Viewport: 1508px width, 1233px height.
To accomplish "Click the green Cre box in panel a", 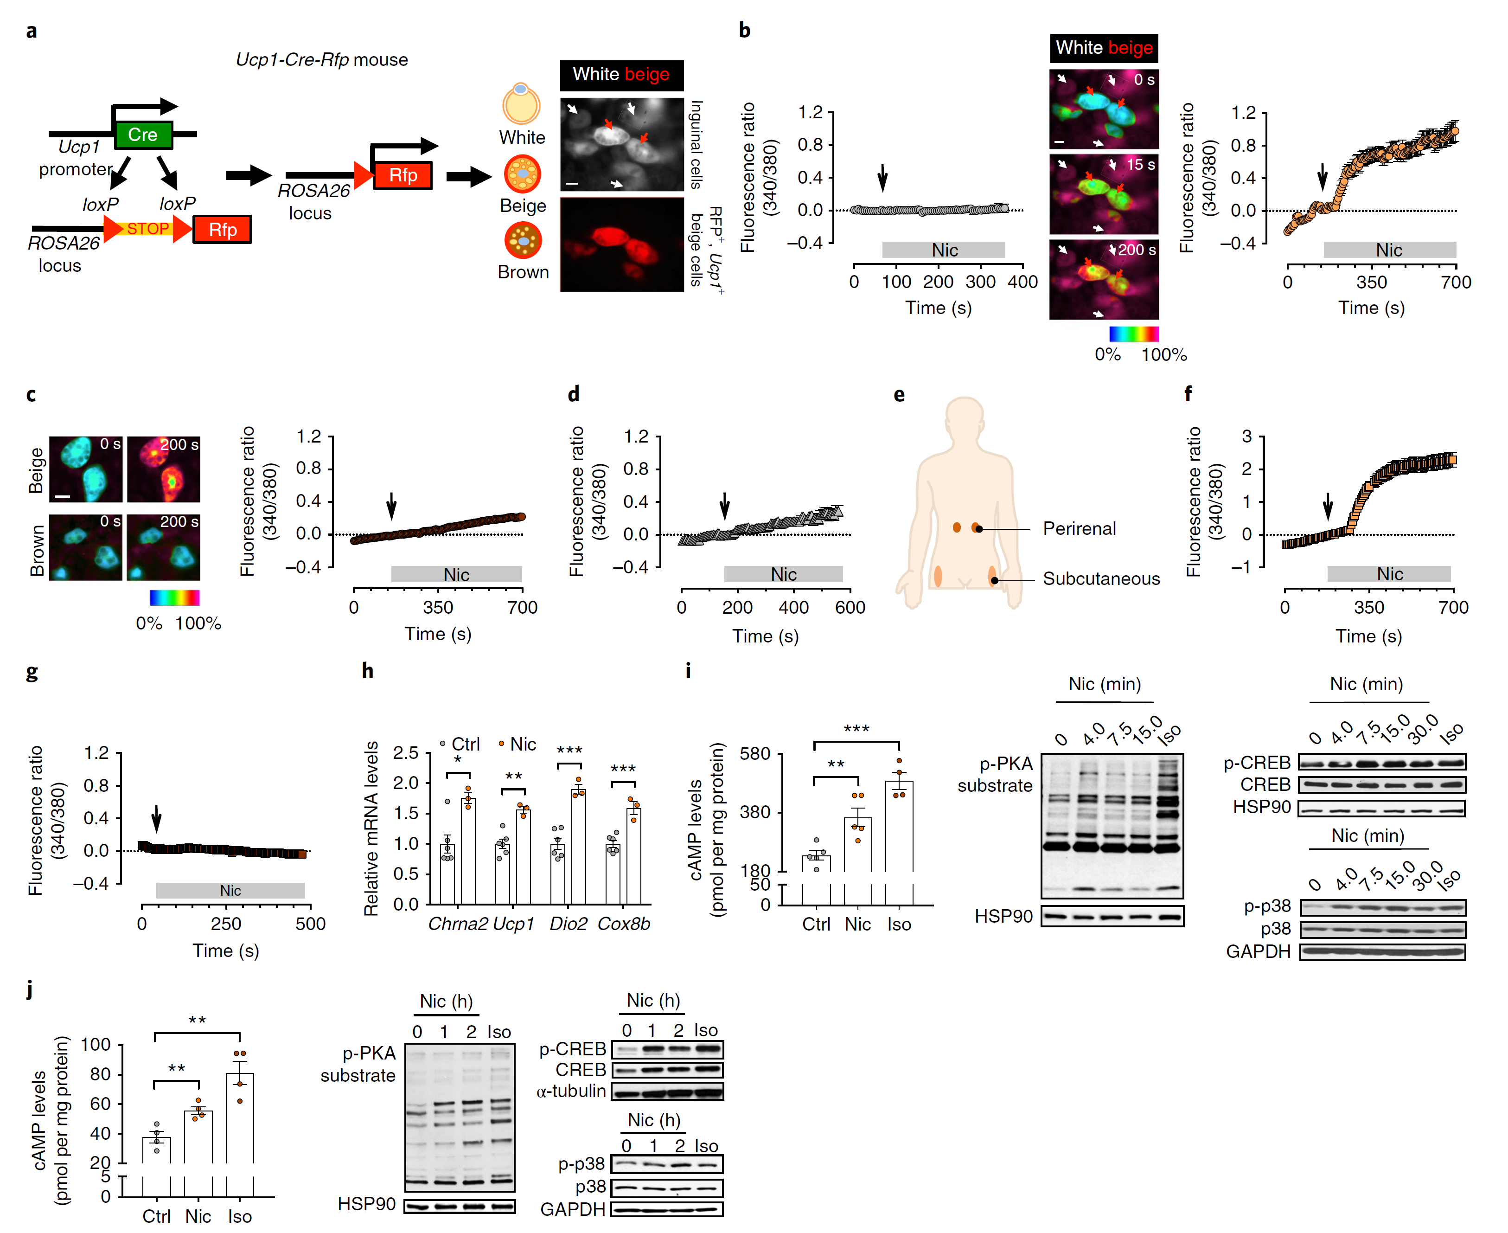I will (x=143, y=134).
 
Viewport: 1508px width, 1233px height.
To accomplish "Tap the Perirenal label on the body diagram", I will (x=1079, y=528).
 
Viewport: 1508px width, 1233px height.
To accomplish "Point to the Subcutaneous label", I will (x=1100, y=579).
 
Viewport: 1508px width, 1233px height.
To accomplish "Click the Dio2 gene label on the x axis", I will (x=568, y=923).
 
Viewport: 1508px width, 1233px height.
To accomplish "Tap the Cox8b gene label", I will (x=623, y=923).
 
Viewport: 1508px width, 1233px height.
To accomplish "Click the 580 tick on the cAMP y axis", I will (x=755, y=754).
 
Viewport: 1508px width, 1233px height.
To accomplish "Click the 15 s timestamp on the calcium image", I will (x=1140, y=165).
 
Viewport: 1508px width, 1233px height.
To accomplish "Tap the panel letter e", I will (x=899, y=395).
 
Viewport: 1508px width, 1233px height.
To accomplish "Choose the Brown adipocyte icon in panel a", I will (x=523, y=241).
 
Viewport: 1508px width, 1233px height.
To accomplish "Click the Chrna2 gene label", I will (x=458, y=923).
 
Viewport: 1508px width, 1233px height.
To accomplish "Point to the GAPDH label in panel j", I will (x=572, y=1209).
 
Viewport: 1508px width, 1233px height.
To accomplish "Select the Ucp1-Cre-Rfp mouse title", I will (x=322, y=60).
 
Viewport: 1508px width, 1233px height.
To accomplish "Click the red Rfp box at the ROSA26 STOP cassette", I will (x=222, y=230).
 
